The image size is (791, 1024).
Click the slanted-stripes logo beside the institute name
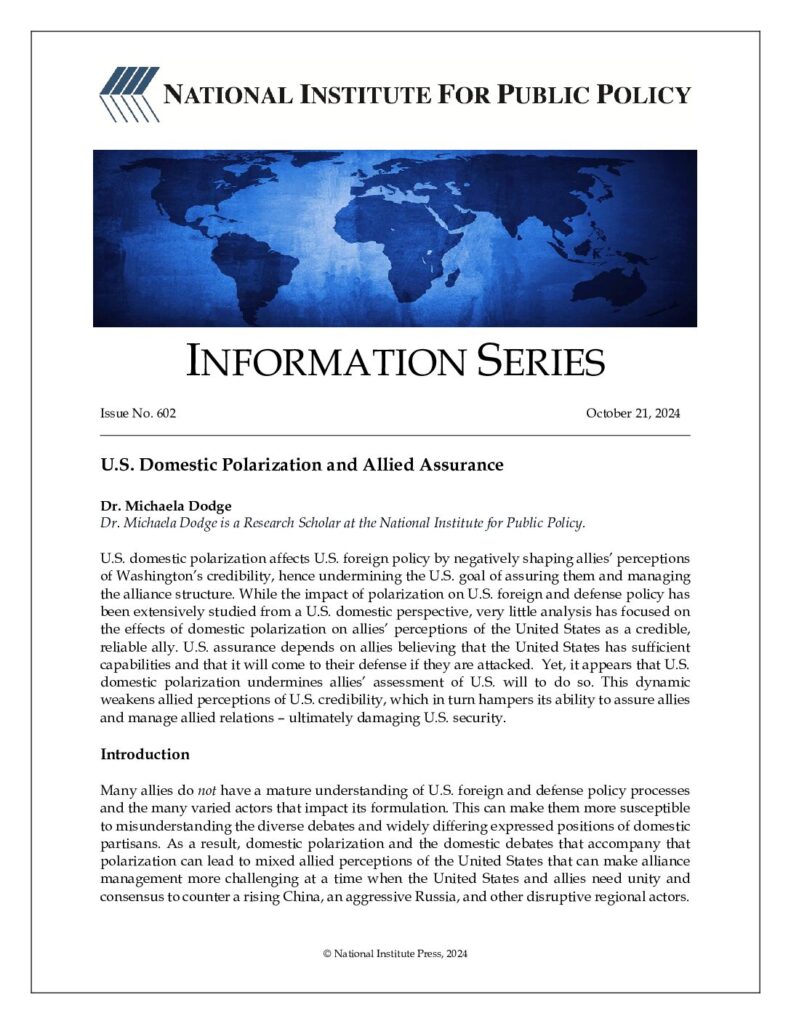pos(129,94)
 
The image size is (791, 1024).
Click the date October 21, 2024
pos(633,413)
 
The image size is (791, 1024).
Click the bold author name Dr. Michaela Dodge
pos(156,507)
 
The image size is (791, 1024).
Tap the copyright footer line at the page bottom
pos(395,954)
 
